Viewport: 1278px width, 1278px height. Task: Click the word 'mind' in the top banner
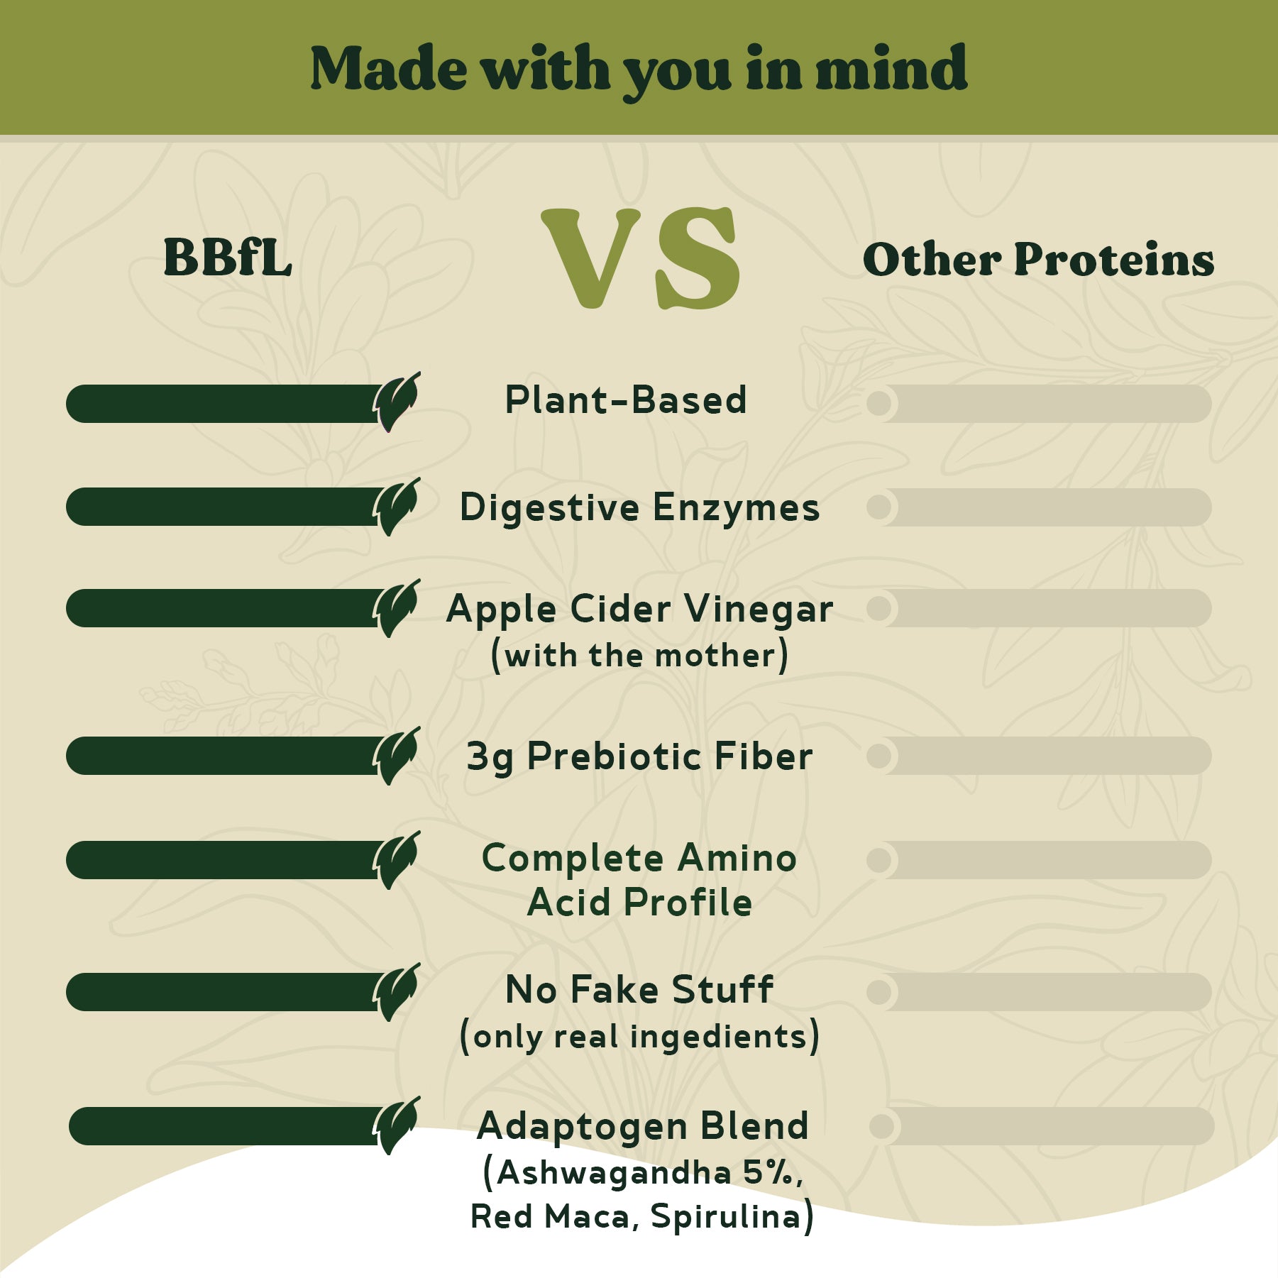pos(891,68)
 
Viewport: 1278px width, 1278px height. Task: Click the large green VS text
pos(641,258)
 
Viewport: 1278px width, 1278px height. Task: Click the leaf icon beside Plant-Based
pos(397,402)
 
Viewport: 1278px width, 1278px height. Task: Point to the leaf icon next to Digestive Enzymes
pos(397,507)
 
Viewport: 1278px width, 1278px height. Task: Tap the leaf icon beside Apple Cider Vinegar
pos(397,608)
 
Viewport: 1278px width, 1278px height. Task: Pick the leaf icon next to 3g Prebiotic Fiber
pos(397,756)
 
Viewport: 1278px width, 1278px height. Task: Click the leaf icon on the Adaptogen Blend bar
pos(397,1126)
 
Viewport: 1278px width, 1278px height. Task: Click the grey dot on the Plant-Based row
pos(879,404)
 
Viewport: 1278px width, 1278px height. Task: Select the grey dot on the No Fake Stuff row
pos(879,992)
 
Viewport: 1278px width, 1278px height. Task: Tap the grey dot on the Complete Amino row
pos(879,860)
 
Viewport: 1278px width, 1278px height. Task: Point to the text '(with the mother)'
pos(639,655)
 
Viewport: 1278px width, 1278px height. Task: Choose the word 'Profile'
pos(688,903)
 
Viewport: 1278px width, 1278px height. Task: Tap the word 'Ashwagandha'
pos(614,1173)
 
